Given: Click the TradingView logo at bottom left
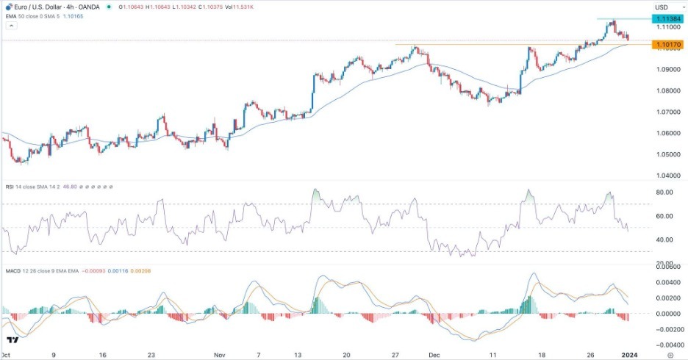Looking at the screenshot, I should [x=12, y=340].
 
